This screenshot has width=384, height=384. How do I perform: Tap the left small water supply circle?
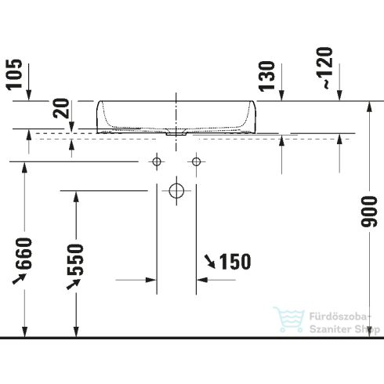(x=157, y=162)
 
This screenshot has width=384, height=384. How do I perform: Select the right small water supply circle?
(x=194, y=162)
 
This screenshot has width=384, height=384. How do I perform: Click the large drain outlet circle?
(x=176, y=190)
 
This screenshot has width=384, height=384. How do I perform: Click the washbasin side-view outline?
(x=176, y=115)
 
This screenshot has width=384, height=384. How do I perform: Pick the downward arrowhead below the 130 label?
(x=282, y=95)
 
